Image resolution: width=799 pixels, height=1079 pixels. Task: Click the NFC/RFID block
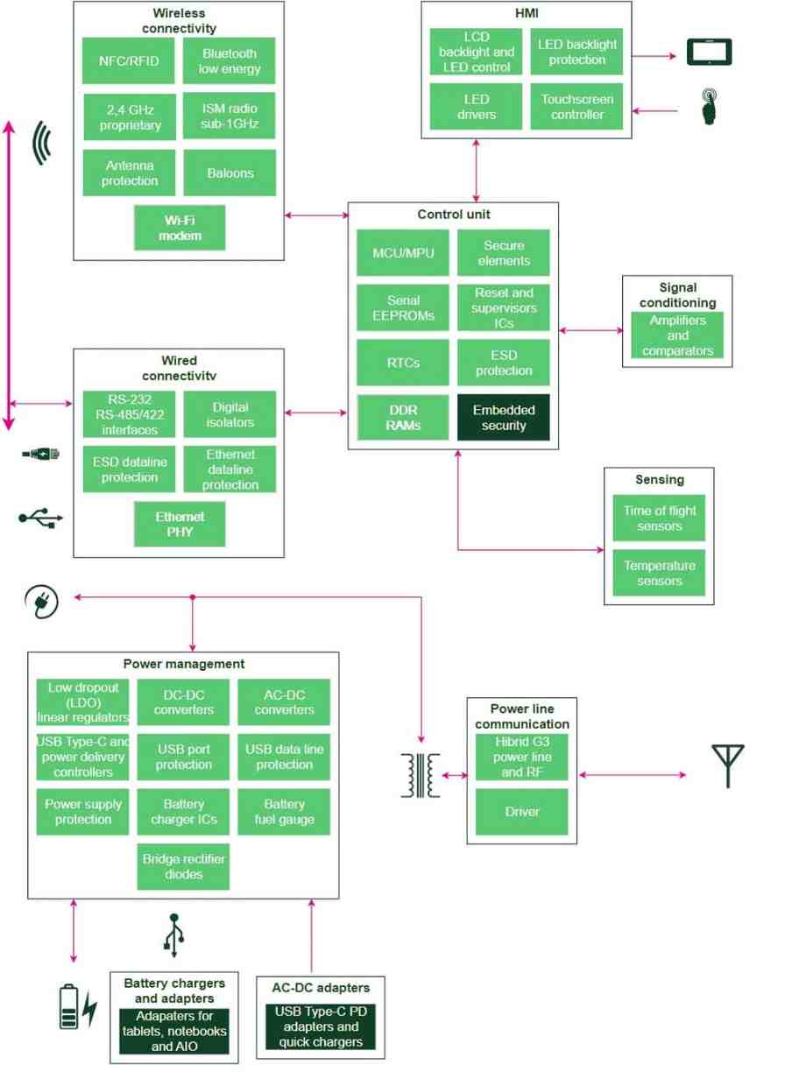pos(130,61)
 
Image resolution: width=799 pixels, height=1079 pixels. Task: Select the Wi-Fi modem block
pos(180,228)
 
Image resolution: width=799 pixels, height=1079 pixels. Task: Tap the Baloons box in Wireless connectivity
pos(230,173)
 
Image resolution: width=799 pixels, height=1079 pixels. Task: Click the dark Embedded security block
pos(504,418)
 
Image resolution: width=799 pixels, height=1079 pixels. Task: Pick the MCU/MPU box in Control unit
pos(403,253)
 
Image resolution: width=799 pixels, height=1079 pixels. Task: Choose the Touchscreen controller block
pos(577,107)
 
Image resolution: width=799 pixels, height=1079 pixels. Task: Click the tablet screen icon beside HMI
pos(709,53)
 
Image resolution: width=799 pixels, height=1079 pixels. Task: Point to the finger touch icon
pos(711,108)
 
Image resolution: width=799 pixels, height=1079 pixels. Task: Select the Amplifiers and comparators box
pos(677,336)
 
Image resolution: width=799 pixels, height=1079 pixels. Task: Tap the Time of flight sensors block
pos(659,518)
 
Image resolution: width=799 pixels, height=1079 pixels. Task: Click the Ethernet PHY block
pos(180,524)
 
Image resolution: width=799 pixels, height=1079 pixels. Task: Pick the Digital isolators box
pos(230,414)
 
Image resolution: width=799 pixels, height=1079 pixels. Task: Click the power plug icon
pos(42,602)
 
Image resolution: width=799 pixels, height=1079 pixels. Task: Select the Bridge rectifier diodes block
pos(184,866)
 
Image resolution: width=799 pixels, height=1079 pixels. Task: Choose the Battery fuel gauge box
pos(284,812)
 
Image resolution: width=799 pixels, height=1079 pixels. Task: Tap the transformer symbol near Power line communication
pos(420,775)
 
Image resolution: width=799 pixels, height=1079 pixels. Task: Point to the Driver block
pos(521,812)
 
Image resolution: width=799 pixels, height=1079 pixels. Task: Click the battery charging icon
pos(77,1006)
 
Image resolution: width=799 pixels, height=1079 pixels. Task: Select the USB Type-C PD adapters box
pos(321,1026)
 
